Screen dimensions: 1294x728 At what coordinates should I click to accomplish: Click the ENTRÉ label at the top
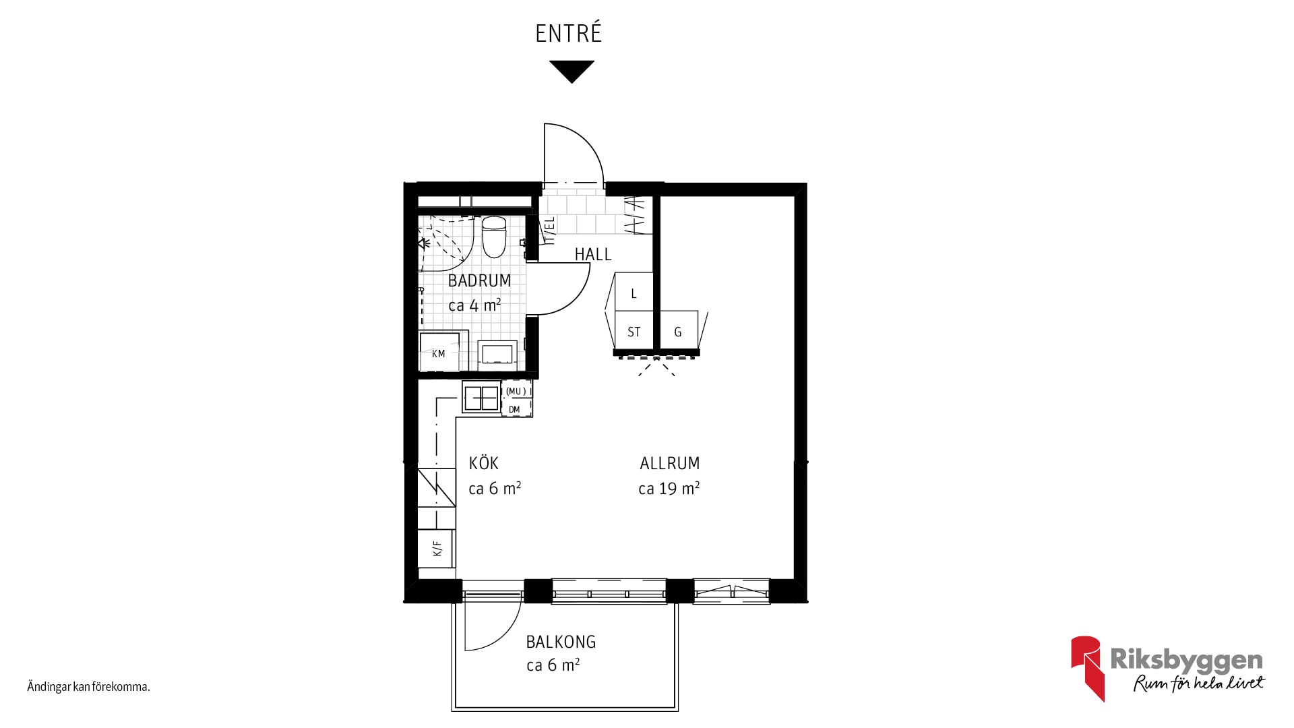click(x=568, y=33)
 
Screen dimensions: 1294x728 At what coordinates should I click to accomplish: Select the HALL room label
click(x=593, y=255)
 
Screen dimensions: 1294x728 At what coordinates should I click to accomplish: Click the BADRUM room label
click(x=479, y=280)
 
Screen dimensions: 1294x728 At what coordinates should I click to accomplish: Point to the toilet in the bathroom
click(x=494, y=237)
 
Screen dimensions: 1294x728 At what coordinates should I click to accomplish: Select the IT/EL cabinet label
click(x=549, y=230)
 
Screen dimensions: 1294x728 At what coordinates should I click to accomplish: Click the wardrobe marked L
click(x=634, y=292)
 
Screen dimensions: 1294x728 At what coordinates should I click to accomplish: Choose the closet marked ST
click(x=634, y=331)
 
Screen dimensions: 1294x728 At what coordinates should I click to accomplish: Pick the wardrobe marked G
click(x=678, y=331)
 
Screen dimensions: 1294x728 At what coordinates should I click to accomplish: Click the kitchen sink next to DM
click(x=481, y=397)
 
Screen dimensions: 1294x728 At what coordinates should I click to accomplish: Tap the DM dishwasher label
click(x=514, y=409)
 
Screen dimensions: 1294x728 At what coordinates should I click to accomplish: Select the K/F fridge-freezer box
click(x=437, y=549)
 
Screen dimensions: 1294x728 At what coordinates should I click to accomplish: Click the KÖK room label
click(x=484, y=463)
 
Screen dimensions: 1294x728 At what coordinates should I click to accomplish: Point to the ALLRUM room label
click(x=670, y=463)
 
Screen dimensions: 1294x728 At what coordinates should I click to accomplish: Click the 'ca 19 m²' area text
click(x=669, y=488)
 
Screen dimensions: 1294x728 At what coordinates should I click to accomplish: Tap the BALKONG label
click(x=561, y=642)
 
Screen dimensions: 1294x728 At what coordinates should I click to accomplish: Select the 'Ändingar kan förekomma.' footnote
click(x=88, y=688)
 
